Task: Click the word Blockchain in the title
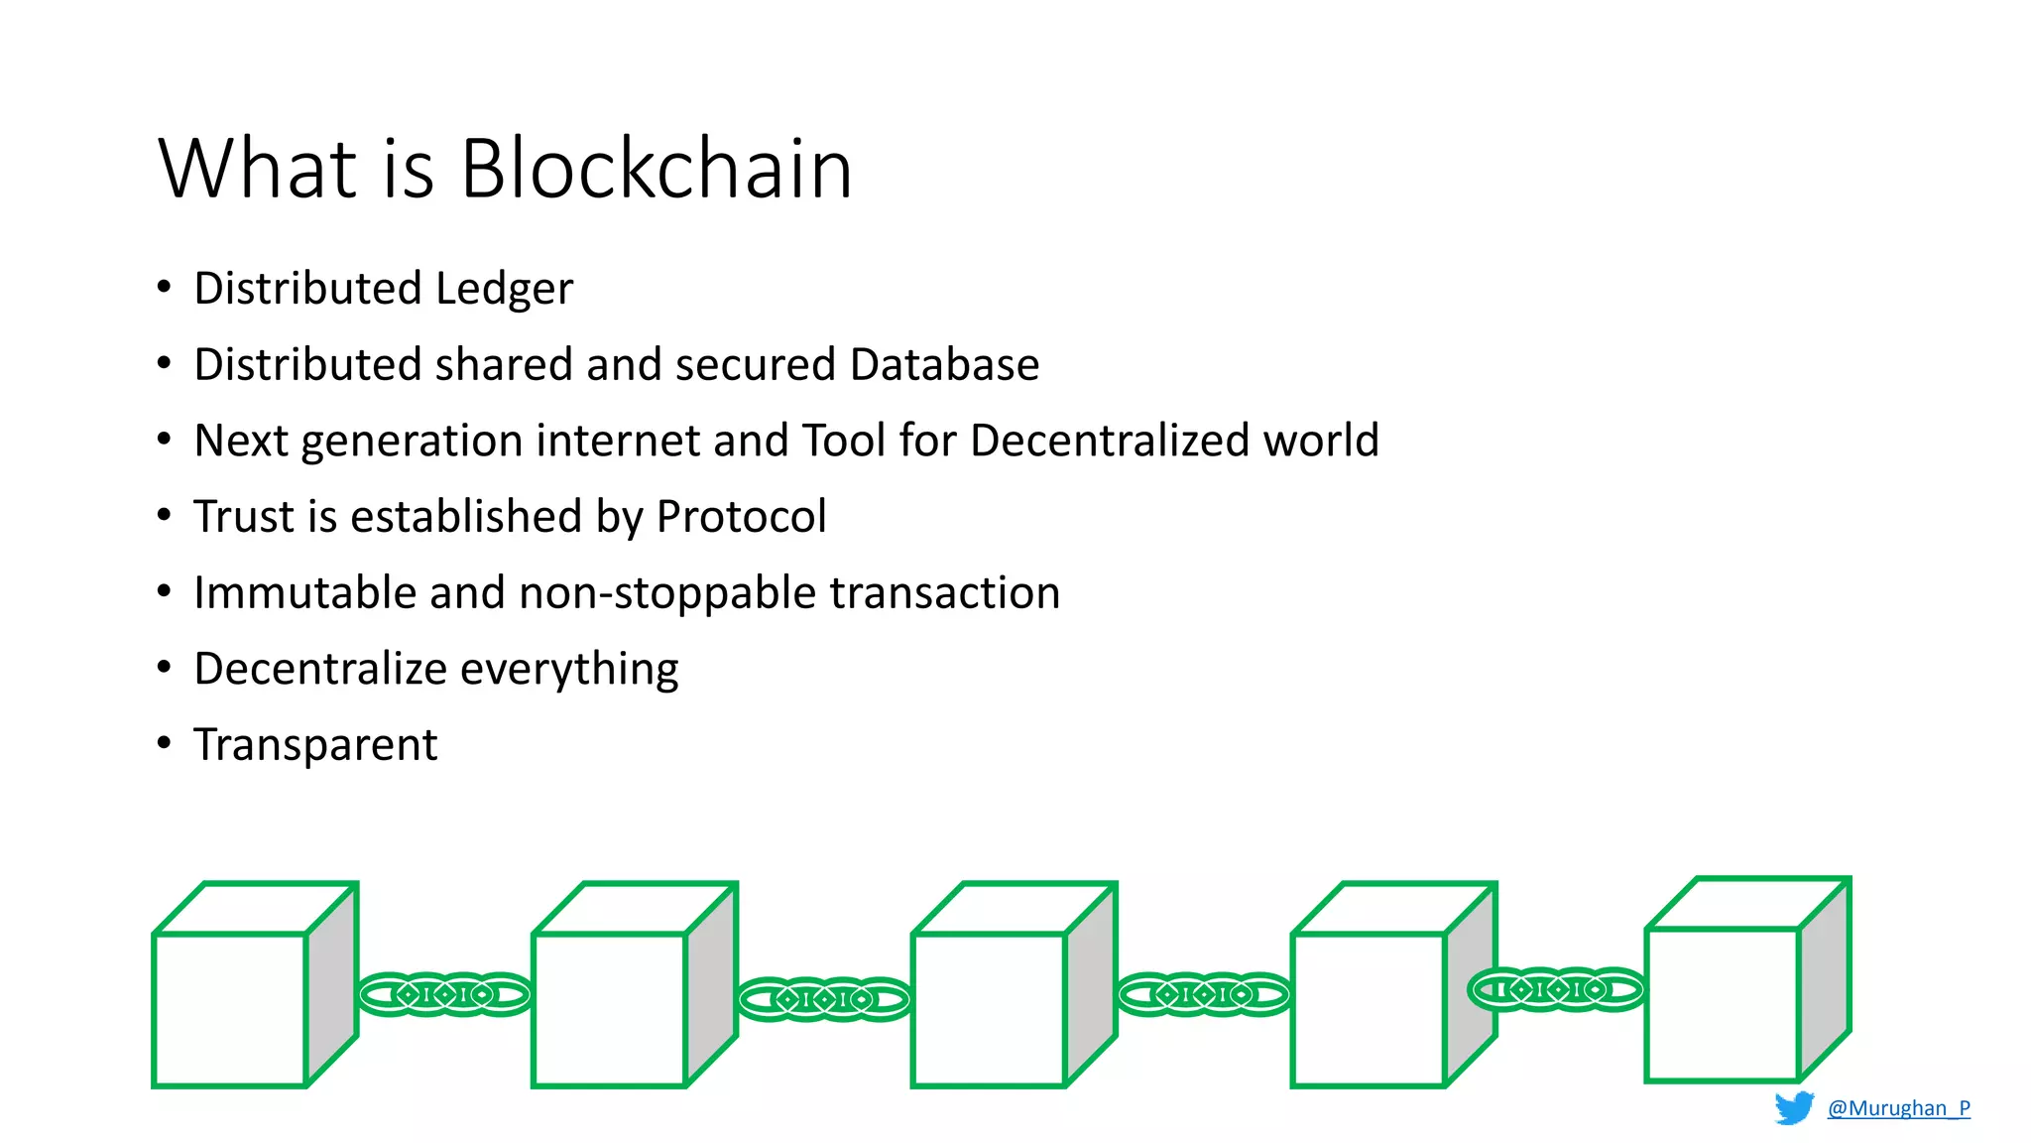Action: coord(656,169)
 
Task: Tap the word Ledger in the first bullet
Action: coord(504,289)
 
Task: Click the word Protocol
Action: coord(741,517)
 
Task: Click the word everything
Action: coord(569,670)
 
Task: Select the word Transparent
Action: coord(315,745)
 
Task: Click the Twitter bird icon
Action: coord(1793,1107)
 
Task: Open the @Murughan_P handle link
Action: coord(1898,1108)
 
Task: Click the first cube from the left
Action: coord(230,1008)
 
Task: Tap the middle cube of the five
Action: coord(989,1008)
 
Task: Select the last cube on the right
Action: coord(1723,1003)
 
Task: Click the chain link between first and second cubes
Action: coord(444,994)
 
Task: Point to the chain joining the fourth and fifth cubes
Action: coord(1555,989)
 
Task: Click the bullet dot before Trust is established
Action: coord(165,515)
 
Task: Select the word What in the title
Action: coord(257,169)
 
